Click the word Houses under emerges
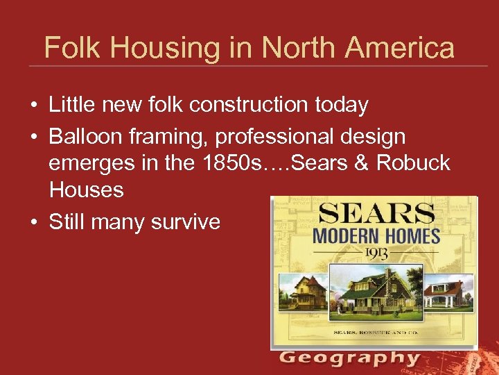87,190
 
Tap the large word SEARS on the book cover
375,213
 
